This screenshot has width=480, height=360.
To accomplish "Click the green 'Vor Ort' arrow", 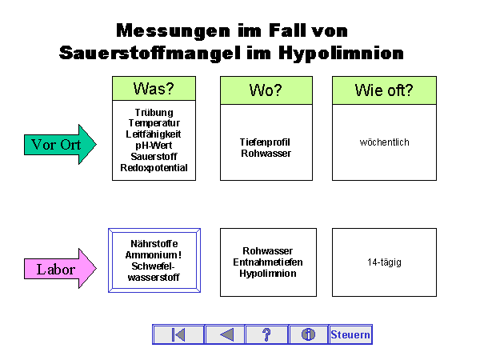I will (59, 145).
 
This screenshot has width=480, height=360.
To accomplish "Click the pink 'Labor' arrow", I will (59, 270).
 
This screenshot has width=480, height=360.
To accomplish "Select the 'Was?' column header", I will (154, 89).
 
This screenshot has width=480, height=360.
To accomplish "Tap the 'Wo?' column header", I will (266, 90).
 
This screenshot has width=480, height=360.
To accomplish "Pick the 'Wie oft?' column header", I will (384, 90).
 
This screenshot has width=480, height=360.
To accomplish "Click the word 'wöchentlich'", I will (385, 142).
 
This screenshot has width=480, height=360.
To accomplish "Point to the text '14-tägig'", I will (384, 262).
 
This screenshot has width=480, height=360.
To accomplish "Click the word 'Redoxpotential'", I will (154, 168).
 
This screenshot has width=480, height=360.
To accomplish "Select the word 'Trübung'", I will (154, 113).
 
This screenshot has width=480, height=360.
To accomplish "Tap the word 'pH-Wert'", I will (154, 146).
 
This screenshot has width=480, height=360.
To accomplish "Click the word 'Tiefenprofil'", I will (266, 142).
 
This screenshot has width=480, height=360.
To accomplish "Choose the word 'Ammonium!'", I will (154, 255).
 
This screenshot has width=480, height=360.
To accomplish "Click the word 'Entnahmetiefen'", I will (267, 262).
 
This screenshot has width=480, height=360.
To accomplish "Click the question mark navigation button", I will (267, 334).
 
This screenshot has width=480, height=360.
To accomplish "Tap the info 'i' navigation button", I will (308, 334).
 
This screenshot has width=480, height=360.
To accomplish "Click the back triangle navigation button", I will (226, 334).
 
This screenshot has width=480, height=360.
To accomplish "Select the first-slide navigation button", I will (178, 334).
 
